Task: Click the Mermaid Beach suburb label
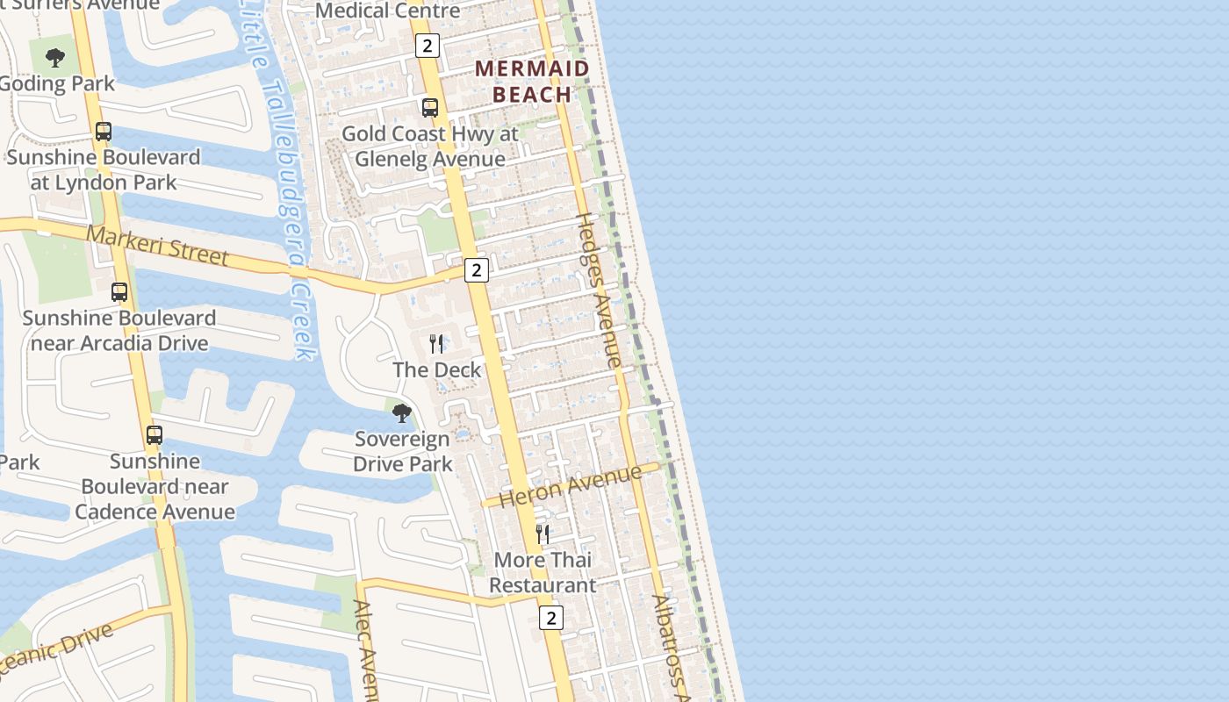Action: pos(532,81)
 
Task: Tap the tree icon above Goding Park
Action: pos(55,59)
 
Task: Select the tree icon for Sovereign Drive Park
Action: pos(402,412)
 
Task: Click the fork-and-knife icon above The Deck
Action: pos(436,343)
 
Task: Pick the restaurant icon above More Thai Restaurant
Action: pos(543,534)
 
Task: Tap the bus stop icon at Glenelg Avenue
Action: pos(430,108)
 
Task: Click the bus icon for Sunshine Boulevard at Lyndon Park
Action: pos(104,132)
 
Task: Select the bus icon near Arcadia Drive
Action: pos(119,292)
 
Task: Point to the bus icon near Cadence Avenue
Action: pos(155,434)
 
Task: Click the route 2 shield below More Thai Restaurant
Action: pos(550,618)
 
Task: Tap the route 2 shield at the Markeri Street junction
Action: pos(476,269)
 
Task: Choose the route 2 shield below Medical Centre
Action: pos(427,46)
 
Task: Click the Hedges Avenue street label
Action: pos(599,290)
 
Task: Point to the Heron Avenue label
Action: pos(571,486)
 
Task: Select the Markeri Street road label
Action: pos(158,246)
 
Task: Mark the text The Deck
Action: pos(437,369)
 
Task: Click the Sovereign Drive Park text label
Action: pos(402,451)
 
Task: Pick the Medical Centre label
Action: pos(387,11)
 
